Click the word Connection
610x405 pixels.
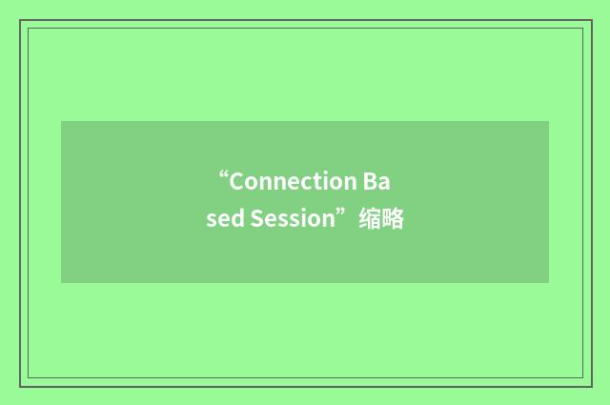(x=292, y=181)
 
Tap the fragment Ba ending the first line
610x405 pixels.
(x=377, y=181)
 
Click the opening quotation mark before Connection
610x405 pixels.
(x=223, y=175)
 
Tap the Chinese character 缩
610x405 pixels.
(x=370, y=220)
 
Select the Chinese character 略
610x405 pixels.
(x=393, y=220)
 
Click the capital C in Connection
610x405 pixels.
(x=237, y=181)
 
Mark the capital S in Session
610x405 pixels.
(x=256, y=220)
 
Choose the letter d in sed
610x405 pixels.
(x=236, y=220)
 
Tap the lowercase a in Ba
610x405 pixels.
(x=385, y=181)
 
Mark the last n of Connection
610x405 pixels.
(x=346, y=181)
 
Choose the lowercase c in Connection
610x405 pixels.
(x=302, y=181)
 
